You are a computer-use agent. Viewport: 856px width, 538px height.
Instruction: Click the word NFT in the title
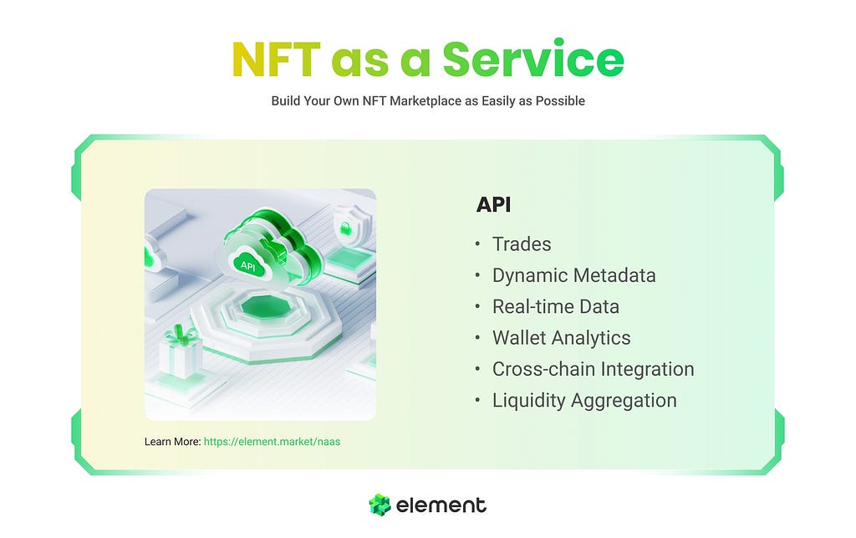(x=276, y=59)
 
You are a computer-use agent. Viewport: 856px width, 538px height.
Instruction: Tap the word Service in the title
(x=533, y=59)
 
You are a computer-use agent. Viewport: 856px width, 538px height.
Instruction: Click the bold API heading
(x=493, y=205)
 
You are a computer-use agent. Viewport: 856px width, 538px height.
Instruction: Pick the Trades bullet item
(x=522, y=244)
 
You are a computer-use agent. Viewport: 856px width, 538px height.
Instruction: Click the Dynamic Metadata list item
(x=573, y=276)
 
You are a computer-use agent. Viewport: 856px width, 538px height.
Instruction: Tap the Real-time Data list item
(x=556, y=307)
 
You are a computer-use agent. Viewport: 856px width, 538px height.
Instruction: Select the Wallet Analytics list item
(x=561, y=338)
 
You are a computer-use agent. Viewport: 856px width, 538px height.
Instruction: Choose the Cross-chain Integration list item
(x=593, y=369)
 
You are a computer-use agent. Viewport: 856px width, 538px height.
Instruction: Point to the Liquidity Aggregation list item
(x=584, y=400)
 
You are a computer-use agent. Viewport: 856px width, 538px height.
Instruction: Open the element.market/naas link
(x=272, y=442)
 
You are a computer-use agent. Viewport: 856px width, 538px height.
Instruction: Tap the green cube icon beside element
(x=380, y=505)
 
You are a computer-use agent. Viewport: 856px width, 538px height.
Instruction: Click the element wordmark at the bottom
(x=441, y=505)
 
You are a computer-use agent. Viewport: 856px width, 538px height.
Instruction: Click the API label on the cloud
(x=248, y=265)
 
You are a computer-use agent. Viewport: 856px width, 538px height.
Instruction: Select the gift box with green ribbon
(x=181, y=351)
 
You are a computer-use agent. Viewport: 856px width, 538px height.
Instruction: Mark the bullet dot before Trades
(x=477, y=244)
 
